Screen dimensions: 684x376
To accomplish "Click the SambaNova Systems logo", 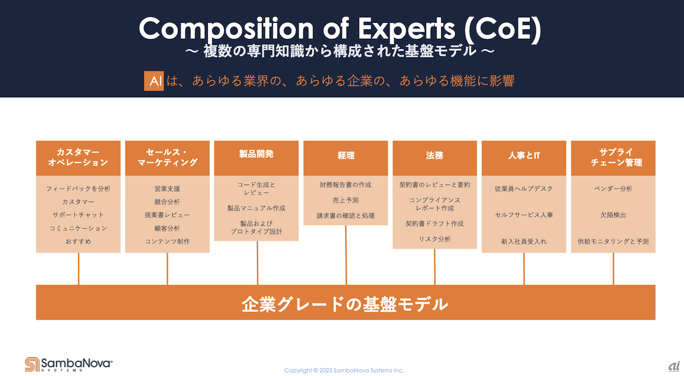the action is [69, 364].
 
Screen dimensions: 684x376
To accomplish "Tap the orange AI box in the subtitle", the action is [154, 81].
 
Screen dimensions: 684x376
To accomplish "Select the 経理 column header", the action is [346, 158].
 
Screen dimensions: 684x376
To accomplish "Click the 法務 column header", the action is [435, 158].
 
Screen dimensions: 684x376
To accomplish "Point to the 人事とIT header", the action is [524, 158].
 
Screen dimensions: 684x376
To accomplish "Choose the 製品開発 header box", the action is [256, 158].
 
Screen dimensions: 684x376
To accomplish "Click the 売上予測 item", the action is [345, 200].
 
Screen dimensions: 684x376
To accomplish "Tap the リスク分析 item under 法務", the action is [434, 239].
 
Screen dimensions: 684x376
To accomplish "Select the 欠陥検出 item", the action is [613, 215].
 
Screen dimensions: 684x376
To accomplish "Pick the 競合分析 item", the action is [167, 202].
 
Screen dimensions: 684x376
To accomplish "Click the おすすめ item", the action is [78, 241].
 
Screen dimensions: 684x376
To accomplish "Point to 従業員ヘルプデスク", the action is [524, 189].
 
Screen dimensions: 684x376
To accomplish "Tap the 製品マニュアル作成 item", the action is [256, 208].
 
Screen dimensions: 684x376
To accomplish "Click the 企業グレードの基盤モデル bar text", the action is [345, 305].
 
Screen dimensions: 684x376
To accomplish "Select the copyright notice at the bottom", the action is [344, 370].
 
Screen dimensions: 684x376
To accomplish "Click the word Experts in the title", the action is [407, 29].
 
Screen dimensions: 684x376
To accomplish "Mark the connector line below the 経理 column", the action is [346, 255].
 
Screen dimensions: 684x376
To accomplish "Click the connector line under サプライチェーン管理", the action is [613, 269].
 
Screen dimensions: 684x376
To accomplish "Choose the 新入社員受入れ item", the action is [524, 241].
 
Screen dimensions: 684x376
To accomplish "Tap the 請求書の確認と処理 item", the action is [345, 215].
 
